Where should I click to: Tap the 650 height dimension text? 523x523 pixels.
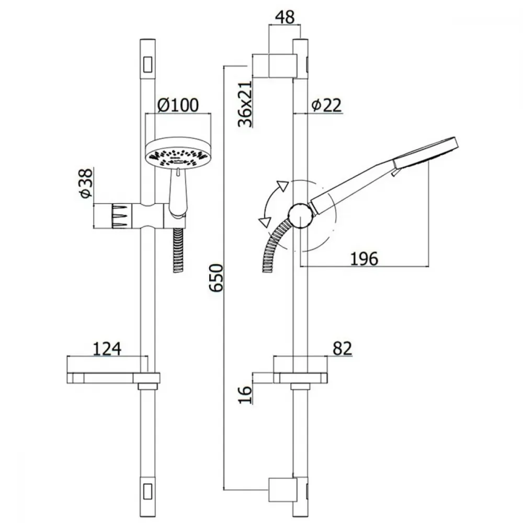216,278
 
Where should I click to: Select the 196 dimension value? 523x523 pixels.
364,258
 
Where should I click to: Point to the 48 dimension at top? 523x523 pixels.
285,17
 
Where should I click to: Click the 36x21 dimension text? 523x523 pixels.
245,104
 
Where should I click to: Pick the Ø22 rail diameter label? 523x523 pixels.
326,105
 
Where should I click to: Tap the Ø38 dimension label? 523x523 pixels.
86,183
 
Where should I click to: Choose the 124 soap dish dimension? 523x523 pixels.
107,349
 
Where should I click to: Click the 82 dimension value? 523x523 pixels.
342,348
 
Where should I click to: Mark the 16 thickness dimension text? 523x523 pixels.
245,394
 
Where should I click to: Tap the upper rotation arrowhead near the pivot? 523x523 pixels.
282,186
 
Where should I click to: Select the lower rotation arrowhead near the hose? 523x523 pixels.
264,222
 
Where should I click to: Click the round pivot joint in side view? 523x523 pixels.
301,215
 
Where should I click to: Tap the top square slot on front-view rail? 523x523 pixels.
148,64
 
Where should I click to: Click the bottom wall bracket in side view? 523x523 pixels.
282,490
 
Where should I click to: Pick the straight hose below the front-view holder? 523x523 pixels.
179,250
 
